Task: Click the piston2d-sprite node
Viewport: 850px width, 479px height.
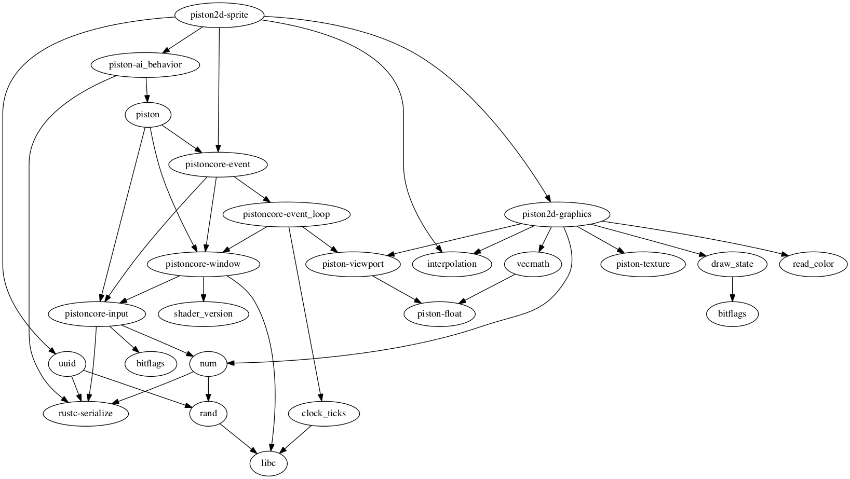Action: coord(219,15)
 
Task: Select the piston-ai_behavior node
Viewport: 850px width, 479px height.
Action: coord(145,65)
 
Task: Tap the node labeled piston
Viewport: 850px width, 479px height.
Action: coord(148,115)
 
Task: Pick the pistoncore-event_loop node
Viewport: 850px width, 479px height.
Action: coord(286,214)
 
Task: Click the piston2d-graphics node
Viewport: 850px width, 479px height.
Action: coord(557,214)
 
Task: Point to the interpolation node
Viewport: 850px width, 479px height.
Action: coord(452,264)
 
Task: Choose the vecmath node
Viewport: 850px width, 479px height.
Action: coord(533,264)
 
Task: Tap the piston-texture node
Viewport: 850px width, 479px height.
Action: coord(643,264)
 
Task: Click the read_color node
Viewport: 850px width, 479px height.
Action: coord(813,264)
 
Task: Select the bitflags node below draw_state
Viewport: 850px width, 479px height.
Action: coord(732,314)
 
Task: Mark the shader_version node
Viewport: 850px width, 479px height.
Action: coord(204,314)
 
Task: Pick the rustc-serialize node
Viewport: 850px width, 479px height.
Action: coord(86,414)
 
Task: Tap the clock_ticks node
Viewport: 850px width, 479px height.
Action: coord(323,414)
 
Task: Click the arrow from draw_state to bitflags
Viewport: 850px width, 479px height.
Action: coord(732,289)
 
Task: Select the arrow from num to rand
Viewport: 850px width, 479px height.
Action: coord(208,389)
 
